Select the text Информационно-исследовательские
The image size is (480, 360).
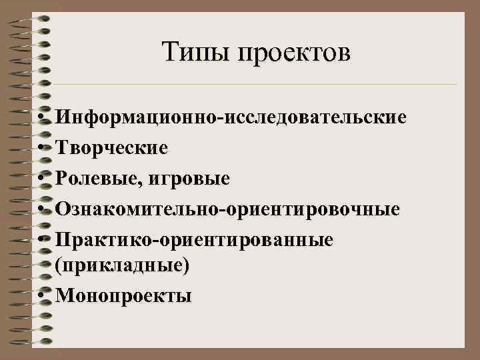click(x=231, y=118)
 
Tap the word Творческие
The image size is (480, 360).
click(x=112, y=147)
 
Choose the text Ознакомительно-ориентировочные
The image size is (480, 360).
click(x=228, y=209)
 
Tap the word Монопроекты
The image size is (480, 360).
click(x=124, y=296)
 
